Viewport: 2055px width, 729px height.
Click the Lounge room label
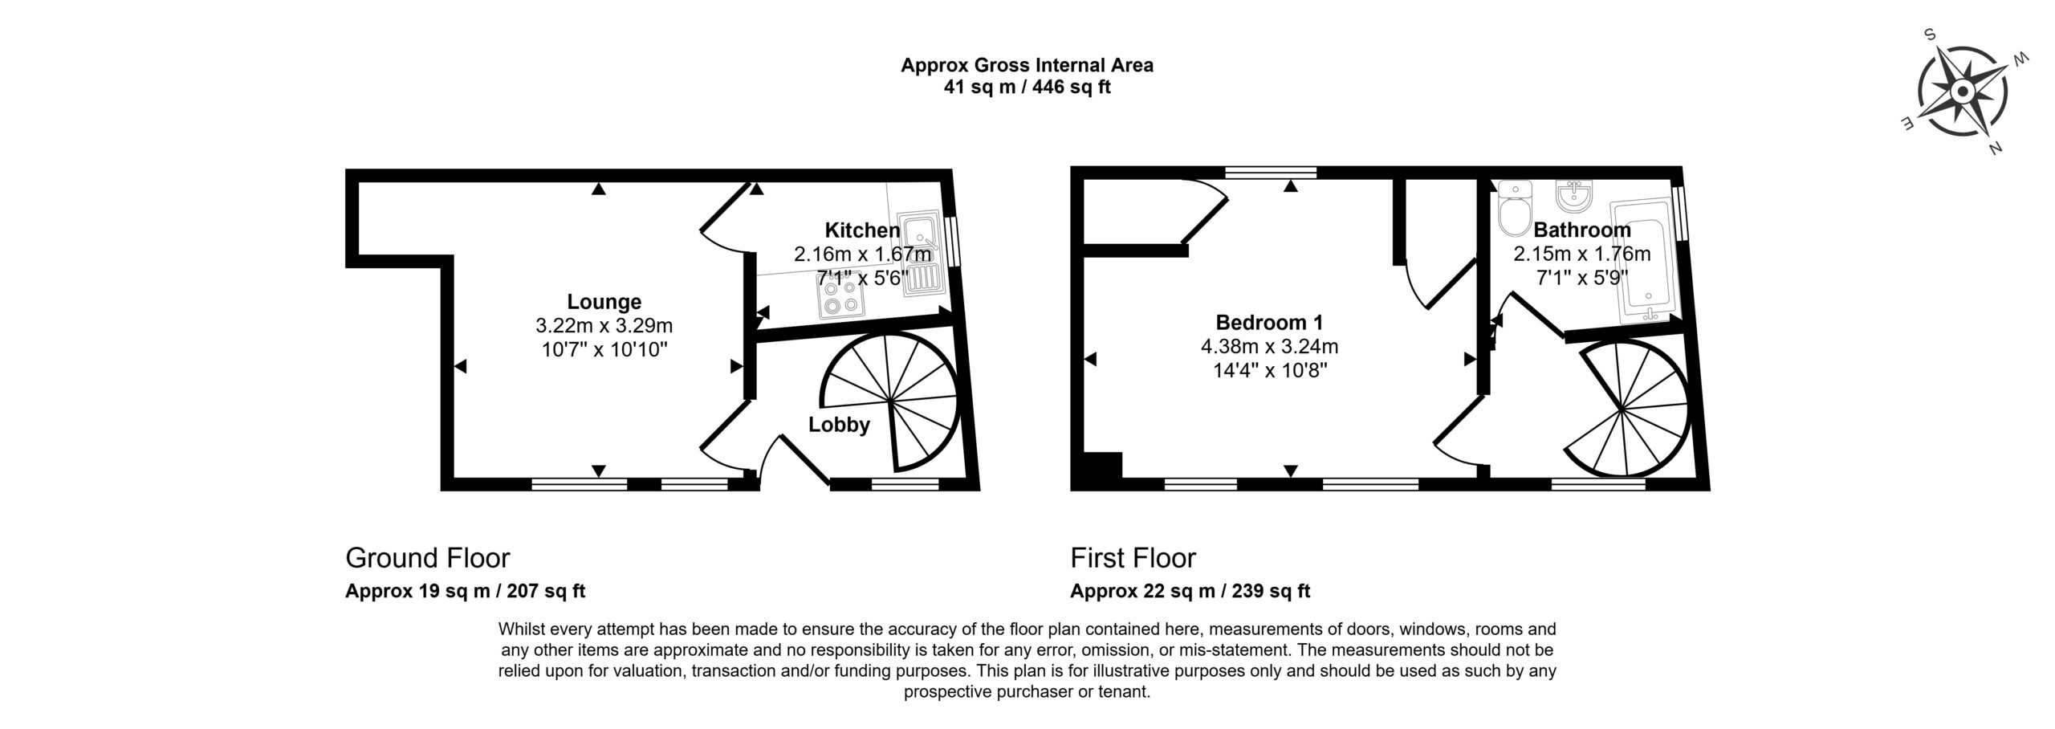point(604,302)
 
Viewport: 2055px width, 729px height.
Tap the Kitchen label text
point(862,230)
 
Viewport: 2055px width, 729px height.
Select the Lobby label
point(839,425)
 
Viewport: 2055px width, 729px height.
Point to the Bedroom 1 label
point(1269,323)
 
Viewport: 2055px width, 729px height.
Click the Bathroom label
point(1581,230)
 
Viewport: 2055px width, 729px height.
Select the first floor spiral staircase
point(1626,409)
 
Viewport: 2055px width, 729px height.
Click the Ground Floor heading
point(427,557)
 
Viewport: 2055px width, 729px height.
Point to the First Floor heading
point(1133,557)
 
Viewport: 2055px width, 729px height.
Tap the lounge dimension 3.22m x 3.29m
point(604,326)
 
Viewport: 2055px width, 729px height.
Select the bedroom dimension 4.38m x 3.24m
point(1269,347)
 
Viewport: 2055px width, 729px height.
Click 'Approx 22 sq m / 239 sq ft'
point(1190,592)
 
